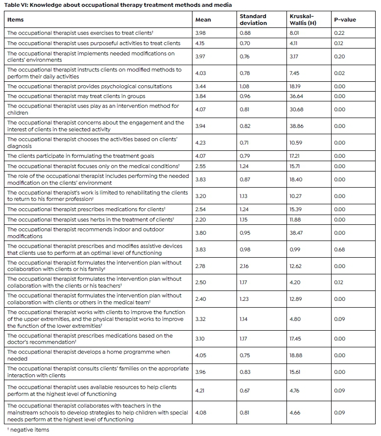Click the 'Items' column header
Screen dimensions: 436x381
[x=16, y=20]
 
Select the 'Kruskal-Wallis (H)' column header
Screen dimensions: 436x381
[x=301, y=20]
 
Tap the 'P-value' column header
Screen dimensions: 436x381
[x=345, y=20]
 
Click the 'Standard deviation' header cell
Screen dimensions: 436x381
[x=253, y=20]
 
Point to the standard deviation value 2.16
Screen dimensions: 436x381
[x=244, y=266]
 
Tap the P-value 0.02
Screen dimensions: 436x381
[x=339, y=73]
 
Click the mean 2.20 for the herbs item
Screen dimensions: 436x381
[x=200, y=219]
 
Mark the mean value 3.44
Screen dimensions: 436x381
[x=200, y=86]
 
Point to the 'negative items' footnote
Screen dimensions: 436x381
[x=29, y=430]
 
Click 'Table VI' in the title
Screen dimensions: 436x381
[x=16, y=5]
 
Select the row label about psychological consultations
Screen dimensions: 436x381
[x=90, y=86]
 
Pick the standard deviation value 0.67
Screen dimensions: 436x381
[x=244, y=390]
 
